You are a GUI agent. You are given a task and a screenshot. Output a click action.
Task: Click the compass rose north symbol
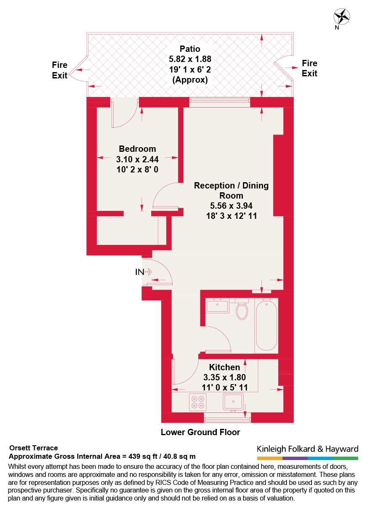[342, 17]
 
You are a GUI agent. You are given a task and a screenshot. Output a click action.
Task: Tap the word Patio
[190, 49]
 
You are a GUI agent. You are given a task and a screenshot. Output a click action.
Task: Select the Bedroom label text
[137, 149]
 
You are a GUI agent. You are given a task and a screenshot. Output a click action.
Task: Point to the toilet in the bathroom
[242, 311]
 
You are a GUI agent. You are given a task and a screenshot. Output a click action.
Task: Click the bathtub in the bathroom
[266, 325]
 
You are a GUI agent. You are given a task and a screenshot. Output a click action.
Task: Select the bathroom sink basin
[217, 305]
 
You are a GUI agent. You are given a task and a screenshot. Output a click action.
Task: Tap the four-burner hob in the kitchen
[198, 402]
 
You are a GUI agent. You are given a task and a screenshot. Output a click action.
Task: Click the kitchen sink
[234, 401]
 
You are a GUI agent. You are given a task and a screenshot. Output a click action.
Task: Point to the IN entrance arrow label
[140, 272]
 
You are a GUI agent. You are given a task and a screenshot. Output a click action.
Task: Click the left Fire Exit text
[60, 70]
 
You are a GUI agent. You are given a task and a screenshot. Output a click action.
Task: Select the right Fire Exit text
[309, 68]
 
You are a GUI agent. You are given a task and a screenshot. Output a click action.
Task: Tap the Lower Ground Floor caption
[200, 432]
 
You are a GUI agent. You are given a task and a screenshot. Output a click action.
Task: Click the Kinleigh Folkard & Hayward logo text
[307, 449]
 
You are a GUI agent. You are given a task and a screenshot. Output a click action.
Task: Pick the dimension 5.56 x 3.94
[231, 206]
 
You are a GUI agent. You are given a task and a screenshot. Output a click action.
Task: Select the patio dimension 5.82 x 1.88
[190, 59]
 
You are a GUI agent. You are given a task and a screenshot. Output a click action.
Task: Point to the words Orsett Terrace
[33, 448]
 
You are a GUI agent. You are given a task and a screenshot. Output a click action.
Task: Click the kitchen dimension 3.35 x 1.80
[224, 377]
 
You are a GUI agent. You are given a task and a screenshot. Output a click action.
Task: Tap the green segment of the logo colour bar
[345, 458]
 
